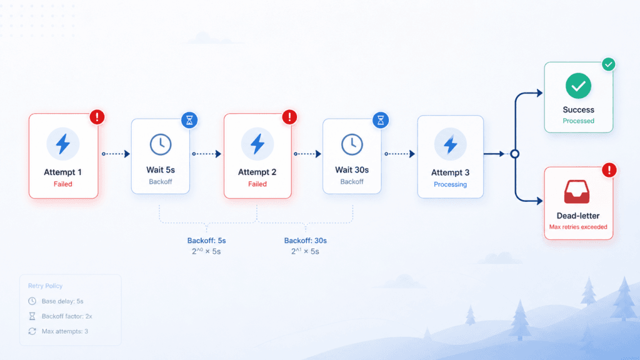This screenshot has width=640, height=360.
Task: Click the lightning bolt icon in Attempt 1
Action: point(63,144)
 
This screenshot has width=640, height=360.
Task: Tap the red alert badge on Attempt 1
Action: point(97,117)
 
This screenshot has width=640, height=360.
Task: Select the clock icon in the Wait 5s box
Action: point(161,144)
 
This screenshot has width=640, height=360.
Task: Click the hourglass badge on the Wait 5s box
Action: point(189,120)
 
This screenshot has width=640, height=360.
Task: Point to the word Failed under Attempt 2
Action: point(257,184)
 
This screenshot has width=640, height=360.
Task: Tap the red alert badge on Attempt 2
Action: point(290,117)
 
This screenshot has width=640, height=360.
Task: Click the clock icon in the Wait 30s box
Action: point(352,144)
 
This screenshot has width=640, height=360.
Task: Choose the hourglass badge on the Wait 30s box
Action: point(381,120)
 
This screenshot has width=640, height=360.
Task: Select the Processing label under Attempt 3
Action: point(450,184)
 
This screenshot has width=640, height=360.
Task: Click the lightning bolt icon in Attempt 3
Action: point(450,144)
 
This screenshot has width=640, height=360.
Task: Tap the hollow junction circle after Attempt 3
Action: point(515,154)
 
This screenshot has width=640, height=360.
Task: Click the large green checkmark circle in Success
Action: point(578,86)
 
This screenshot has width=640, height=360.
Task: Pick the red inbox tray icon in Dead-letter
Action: point(577,192)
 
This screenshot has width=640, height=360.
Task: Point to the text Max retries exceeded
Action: point(578,227)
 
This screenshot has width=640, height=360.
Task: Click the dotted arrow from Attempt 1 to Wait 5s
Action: point(116,154)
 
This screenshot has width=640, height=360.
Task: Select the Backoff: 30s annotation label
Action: point(305,241)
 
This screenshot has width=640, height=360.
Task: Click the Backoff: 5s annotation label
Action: point(206,241)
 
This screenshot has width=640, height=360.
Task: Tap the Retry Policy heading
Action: point(45,286)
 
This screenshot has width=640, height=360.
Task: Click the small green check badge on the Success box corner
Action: point(609,64)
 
